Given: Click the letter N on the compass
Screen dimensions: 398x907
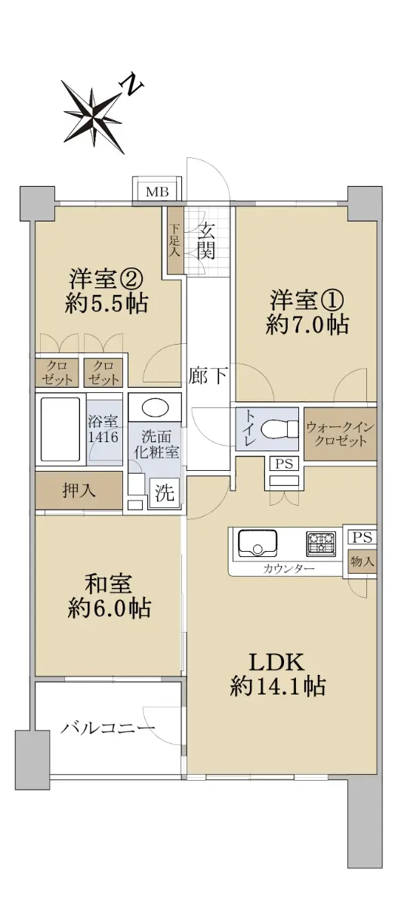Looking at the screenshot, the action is tap(131, 84).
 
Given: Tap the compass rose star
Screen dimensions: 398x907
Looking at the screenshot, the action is tap(92, 116).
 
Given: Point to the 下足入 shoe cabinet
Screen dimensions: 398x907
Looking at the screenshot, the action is tap(171, 240).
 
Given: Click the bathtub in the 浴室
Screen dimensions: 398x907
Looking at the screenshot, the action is tap(60, 428).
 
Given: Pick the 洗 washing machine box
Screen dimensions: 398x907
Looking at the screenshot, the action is tap(161, 491).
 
